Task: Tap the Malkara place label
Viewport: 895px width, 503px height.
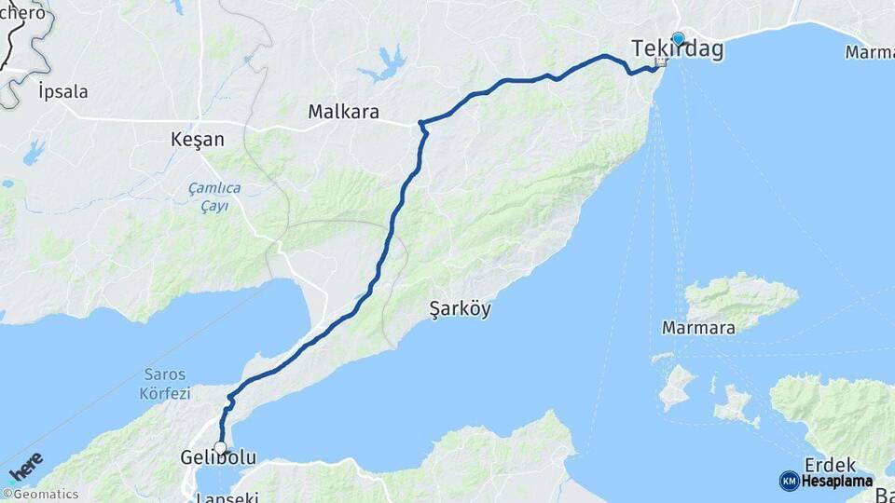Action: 344,113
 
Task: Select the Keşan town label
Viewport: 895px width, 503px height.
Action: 198,140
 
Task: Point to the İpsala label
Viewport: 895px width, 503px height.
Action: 63,91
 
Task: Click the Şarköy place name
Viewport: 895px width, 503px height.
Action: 460,308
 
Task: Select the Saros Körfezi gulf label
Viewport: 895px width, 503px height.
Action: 167,383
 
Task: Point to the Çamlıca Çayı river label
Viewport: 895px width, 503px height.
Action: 214,197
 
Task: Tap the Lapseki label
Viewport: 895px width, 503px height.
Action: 227,497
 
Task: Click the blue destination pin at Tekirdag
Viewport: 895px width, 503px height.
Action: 678,40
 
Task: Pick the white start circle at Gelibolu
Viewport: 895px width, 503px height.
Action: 220,448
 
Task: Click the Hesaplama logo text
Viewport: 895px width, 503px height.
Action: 836,482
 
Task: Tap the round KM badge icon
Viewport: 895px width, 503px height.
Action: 789,482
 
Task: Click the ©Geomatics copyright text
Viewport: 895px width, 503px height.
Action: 41,495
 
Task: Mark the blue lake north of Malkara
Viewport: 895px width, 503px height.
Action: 383,65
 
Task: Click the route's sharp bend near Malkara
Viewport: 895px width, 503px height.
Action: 422,124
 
